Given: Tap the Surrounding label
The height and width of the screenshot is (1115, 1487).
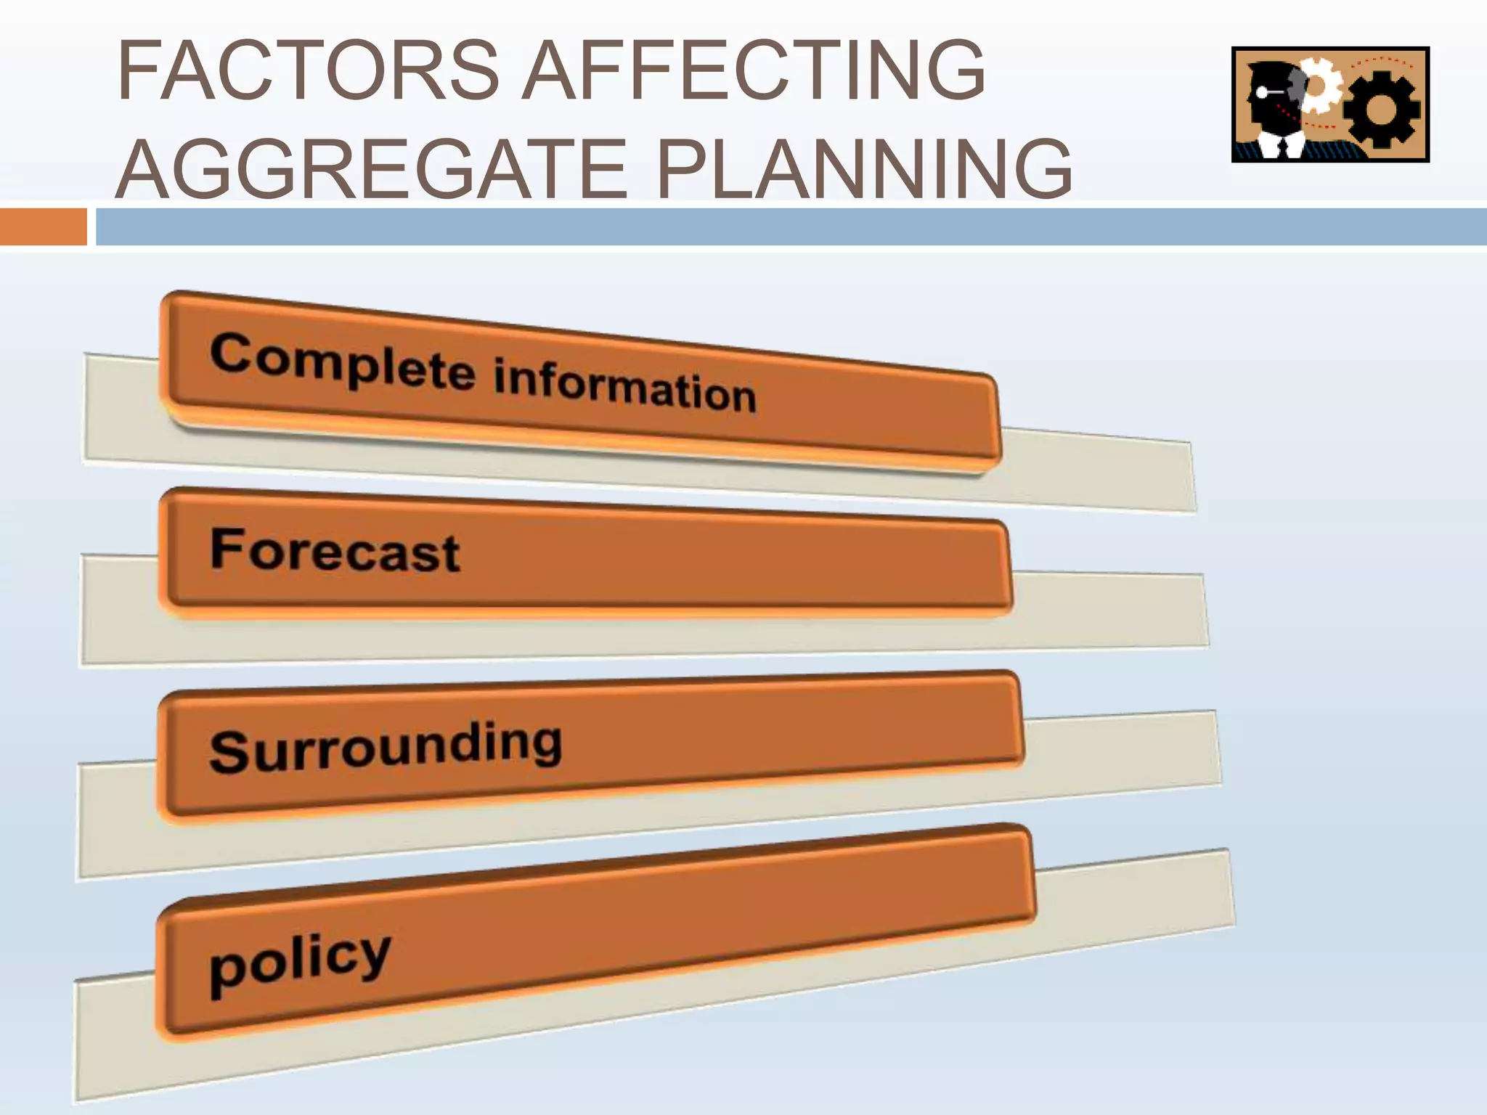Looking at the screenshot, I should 386,748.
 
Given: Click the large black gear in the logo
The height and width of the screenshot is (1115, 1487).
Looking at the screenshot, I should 1381,110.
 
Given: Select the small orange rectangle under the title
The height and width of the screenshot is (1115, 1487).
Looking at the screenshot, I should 43,226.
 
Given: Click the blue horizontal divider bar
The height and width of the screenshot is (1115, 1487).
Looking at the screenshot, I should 791,226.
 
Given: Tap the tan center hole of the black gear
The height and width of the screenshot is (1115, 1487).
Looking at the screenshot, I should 1381,110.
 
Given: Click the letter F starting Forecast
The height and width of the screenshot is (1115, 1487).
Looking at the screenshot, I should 224,547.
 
